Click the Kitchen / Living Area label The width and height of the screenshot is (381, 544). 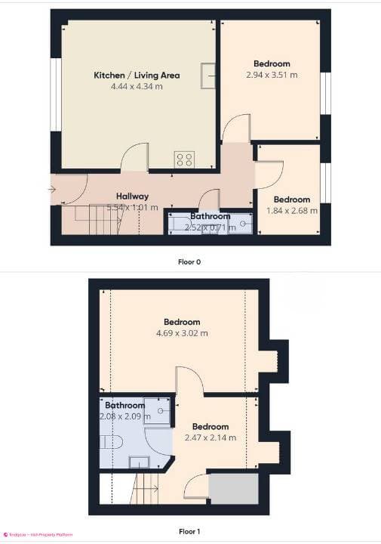(137, 76)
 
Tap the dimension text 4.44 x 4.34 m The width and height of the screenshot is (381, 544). (137, 87)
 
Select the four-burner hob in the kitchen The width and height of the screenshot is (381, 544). (185, 159)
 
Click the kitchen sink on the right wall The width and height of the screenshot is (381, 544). (207, 73)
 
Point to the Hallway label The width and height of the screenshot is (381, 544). (132, 196)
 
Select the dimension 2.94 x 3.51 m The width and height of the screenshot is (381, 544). (272, 75)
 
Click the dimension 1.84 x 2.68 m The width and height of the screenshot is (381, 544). (292, 210)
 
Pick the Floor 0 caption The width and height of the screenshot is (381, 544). (189, 262)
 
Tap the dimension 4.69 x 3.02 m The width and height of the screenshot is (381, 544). (182, 333)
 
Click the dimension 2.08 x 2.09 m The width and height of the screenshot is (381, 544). (124, 416)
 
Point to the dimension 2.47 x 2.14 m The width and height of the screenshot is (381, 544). (210, 437)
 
